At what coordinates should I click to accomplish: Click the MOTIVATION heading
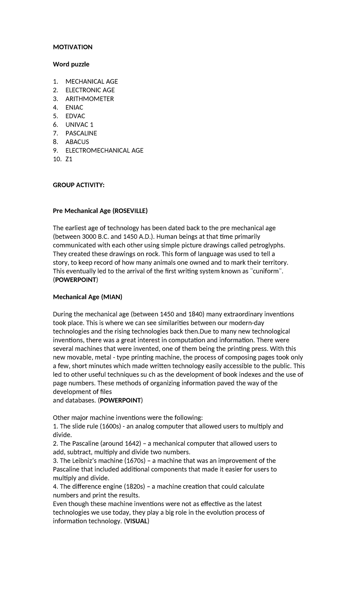[73, 47]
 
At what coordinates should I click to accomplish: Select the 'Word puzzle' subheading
[71, 64]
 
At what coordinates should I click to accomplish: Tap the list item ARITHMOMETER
[89, 99]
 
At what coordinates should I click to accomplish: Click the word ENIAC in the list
[74, 107]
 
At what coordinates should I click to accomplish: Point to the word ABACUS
[77, 142]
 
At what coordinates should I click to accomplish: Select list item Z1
[69, 159]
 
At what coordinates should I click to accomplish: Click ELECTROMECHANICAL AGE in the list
[104, 150]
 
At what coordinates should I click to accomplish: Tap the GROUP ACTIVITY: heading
[79, 185]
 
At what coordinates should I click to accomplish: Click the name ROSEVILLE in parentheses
[130, 211]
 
